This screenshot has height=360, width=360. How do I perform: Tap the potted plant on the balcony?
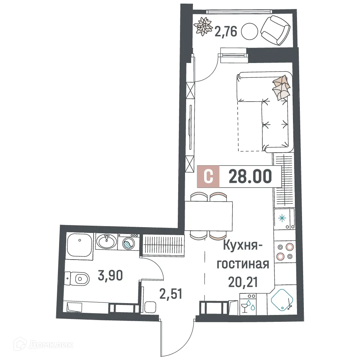pos(203,27)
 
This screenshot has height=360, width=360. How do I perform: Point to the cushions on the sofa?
pos(281,87)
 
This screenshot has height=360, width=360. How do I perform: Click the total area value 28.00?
pos(250,177)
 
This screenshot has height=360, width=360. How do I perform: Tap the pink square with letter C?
pos(208,177)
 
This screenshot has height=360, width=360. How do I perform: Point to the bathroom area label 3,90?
pos(111,276)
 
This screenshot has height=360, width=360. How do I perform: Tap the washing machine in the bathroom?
pos(129,242)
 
